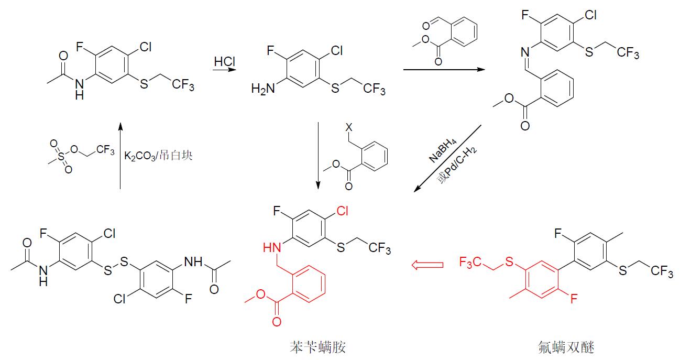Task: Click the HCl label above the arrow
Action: click(x=224, y=62)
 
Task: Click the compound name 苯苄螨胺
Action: click(x=318, y=347)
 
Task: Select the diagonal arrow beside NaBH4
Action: click(x=448, y=158)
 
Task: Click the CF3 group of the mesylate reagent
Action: click(x=105, y=151)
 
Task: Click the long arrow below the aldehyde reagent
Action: click(x=444, y=69)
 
